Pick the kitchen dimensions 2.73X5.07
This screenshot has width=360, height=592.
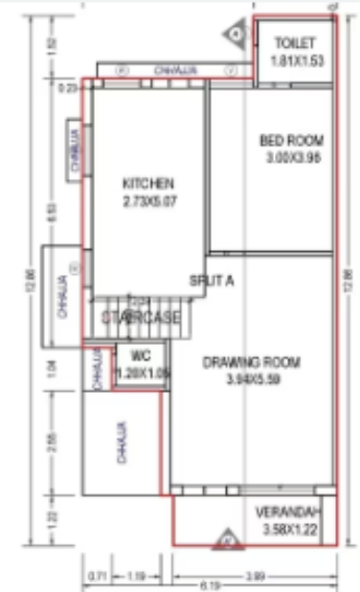click(x=150, y=201)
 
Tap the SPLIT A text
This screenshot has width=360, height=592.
click(x=212, y=281)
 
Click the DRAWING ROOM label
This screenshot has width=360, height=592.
click(x=253, y=362)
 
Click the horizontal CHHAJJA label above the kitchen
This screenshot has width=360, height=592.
click(x=171, y=69)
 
